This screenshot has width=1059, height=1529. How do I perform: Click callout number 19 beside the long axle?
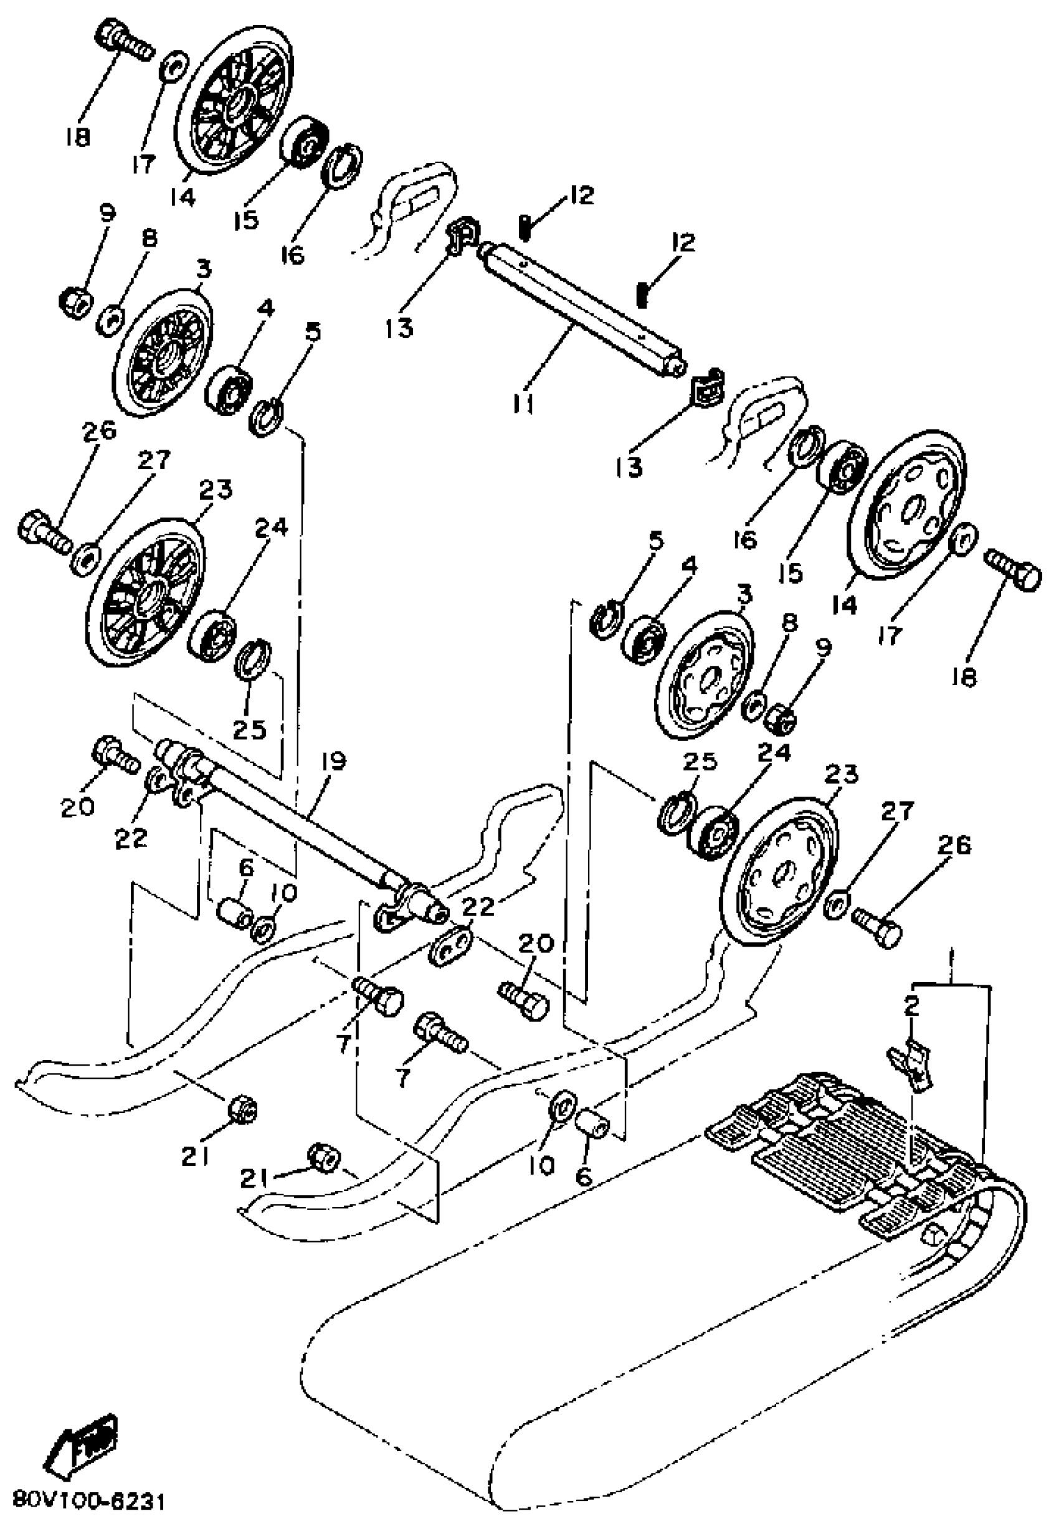pos(334,762)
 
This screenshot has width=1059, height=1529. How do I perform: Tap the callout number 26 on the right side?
pos(954,845)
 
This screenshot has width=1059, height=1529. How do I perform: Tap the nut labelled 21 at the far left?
pos(244,1109)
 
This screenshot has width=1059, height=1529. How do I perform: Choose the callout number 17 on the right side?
pos(890,634)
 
